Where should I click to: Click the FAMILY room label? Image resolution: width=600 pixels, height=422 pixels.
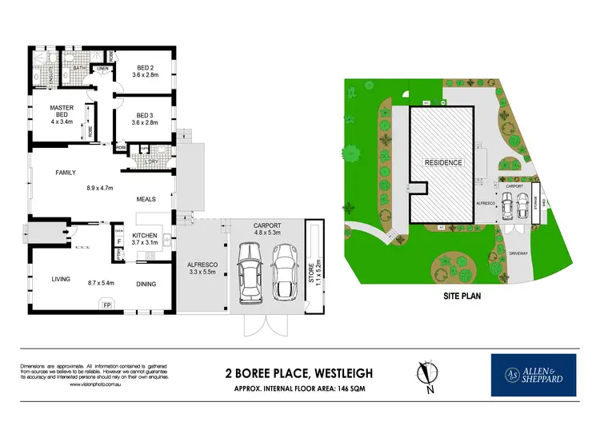pyautogui.click(x=66, y=172)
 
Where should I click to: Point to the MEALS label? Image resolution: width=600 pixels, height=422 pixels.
pyautogui.click(x=146, y=199)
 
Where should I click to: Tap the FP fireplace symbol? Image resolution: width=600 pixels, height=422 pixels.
pyautogui.click(x=107, y=304)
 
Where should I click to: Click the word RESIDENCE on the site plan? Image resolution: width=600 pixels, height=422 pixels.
pyautogui.click(x=442, y=162)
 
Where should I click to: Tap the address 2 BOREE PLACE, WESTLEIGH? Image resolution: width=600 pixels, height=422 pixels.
pyautogui.click(x=300, y=372)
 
